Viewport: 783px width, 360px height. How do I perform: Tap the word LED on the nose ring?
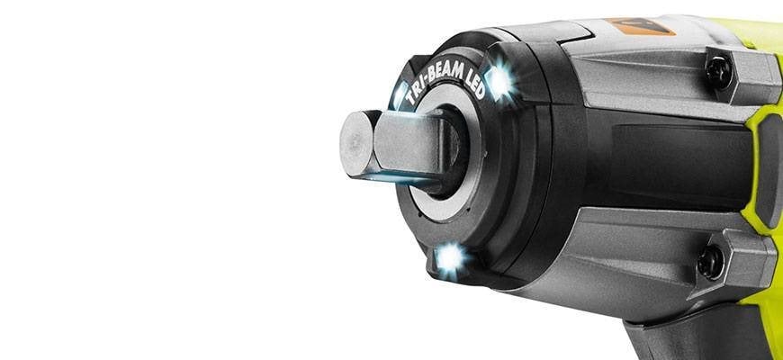(x=475, y=83)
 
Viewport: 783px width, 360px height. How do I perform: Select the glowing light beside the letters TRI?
(x=399, y=95)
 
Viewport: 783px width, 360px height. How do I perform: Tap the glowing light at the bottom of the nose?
(x=449, y=259)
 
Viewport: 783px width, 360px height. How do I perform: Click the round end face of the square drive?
(x=356, y=144)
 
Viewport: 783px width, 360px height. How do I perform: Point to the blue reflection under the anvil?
(x=394, y=177)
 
